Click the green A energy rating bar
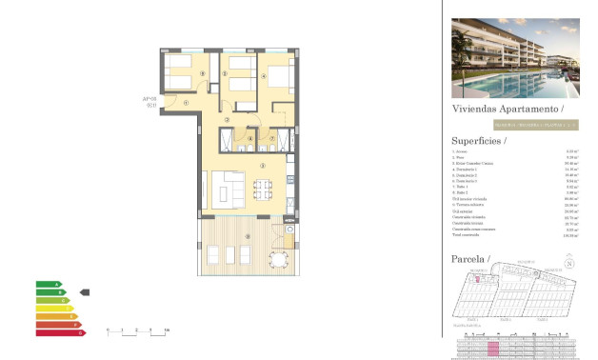tap(49, 284)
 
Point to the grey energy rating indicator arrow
tap(84, 292)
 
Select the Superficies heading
tap(478, 141)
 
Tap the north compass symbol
tap(569, 264)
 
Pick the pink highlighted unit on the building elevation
tap(493, 350)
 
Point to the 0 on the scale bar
tap(108, 330)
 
